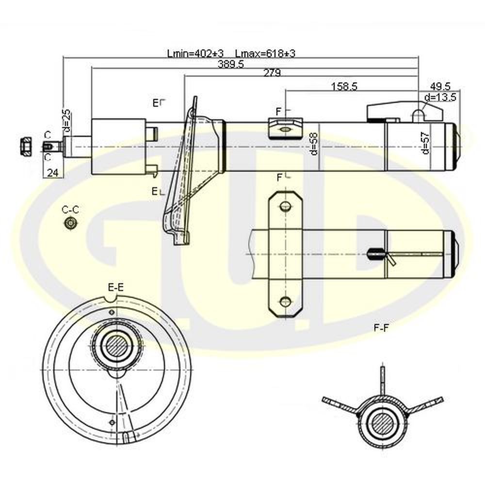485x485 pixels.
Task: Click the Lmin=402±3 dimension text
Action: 195,53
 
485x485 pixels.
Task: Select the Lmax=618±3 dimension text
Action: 265,53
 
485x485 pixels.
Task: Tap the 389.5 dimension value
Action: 231,64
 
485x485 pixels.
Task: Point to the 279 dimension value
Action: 272,73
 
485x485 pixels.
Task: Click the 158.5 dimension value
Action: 344,86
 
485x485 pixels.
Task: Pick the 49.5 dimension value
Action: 440,86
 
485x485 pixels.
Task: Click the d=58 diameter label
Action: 313,144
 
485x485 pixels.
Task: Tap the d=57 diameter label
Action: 425,143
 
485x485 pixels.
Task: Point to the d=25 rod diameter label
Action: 67,120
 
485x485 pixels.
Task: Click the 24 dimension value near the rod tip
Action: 52,173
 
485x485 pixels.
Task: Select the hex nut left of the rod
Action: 26,146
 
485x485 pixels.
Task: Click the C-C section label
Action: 70,210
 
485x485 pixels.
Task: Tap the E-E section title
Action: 116,287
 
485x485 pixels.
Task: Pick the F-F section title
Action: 381,328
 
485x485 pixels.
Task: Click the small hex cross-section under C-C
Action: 70,223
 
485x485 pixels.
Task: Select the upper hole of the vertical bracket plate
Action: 285,206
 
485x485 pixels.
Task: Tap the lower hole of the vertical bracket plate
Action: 285,301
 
